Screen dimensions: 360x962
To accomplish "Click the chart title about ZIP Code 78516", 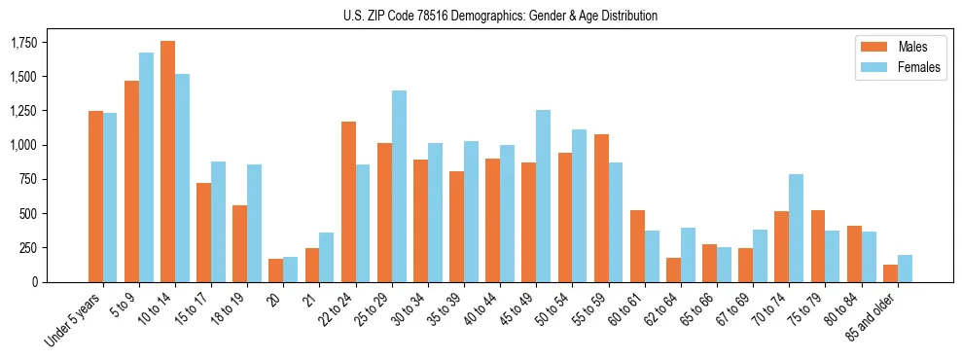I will click(500, 16).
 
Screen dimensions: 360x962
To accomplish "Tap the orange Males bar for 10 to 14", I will click(168, 162).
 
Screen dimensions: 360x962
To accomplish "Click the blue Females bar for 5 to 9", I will click(147, 167).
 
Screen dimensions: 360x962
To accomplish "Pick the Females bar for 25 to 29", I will click(399, 186).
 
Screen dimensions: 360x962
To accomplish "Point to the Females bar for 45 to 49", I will click(543, 196).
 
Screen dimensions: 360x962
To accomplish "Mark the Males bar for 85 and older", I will click(890, 273).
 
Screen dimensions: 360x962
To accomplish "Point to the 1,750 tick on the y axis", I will click(24, 43).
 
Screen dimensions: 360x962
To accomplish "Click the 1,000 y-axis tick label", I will click(24, 145).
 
